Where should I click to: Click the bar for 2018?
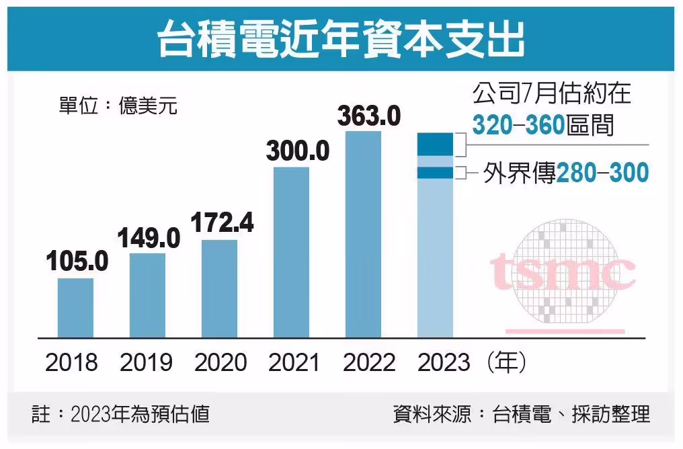pyautogui.click(x=75, y=308)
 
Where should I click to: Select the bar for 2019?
pyautogui.click(x=147, y=295)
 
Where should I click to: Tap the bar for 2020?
pyautogui.click(x=219, y=288)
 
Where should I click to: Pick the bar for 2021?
pyautogui.click(x=291, y=252)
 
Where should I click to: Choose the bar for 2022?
pyautogui.click(x=363, y=235)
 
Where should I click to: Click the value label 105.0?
pyautogui.click(x=77, y=262)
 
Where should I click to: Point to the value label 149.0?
pyautogui.click(x=149, y=237)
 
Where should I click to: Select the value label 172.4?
pyautogui.click(x=222, y=222)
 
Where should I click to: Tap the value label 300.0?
pyautogui.click(x=298, y=151)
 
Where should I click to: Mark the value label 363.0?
pyautogui.click(x=368, y=116)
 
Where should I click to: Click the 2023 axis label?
pyautogui.click(x=444, y=363)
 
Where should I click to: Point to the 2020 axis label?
pyautogui.click(x=221, y=363)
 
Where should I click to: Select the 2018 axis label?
pyautogui.click(x=72, y=363)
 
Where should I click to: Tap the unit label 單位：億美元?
pyautogui.click(x=118, y=106)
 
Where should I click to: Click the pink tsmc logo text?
pyautogui.click(x=562, y=271)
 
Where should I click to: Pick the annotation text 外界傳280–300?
pyautogui.click(x=566, y=173)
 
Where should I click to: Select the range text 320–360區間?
pyautogui.click(x=543, y=124)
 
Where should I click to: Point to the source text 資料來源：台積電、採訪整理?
pyautogui.click(x=521, y=413)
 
